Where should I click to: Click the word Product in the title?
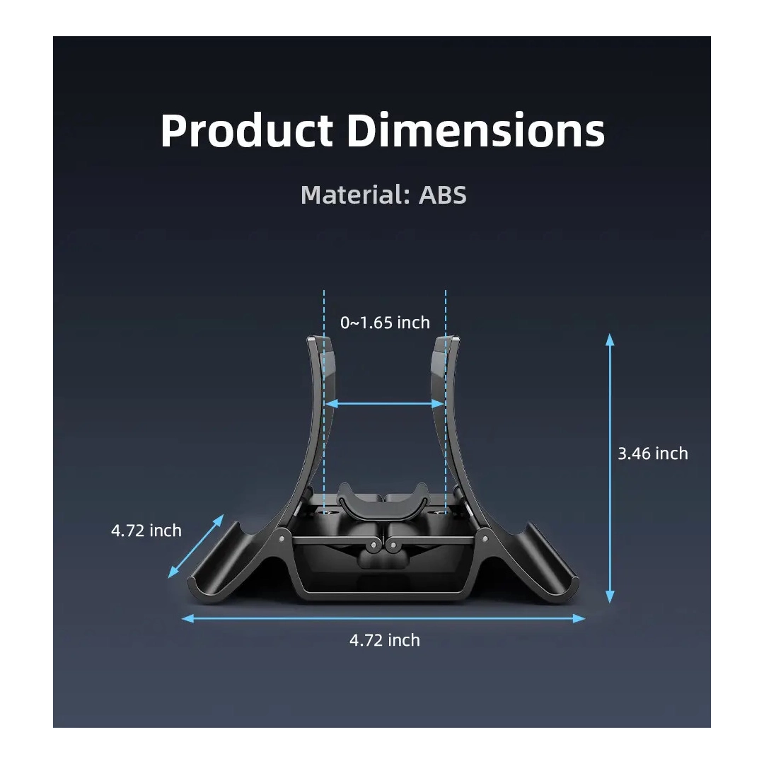[247, 131]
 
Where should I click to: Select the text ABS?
[442, 195]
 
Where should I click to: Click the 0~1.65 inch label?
[385, 323]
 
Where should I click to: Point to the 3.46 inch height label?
[653, 453]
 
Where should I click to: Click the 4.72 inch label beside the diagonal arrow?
[146, 530]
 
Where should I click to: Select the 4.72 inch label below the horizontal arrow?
[384, 639]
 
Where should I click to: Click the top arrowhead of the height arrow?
[610, 339]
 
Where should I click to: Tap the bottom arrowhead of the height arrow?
[610, 597]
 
